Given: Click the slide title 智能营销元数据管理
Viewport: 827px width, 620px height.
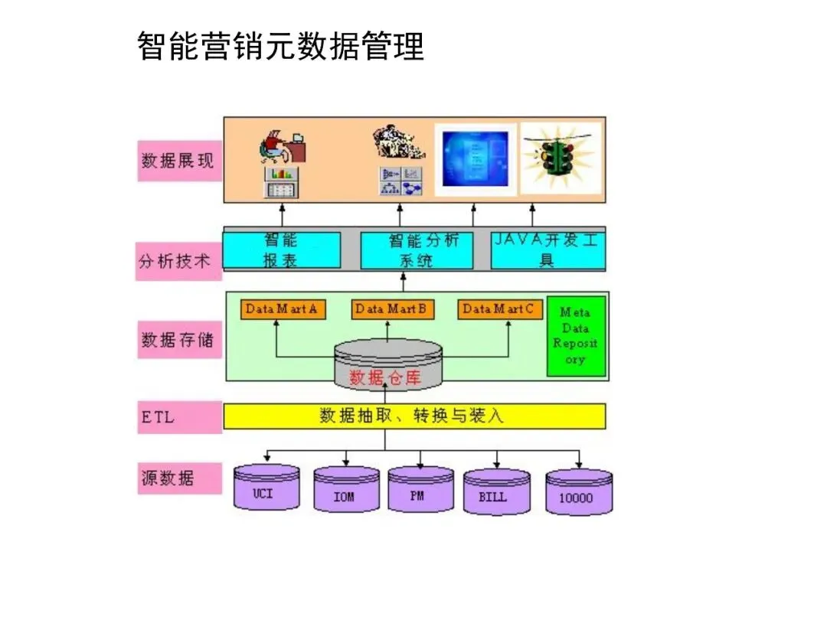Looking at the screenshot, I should pyautogui.click(x=280, y=46).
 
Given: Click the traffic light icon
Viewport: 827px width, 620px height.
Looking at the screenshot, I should pyautogui.click(x=560, y=158).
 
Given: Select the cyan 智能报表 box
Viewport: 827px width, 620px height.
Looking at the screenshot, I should pyautogui.click(x=282, y=250).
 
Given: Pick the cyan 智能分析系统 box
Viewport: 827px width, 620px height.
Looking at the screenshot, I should pyautogui.click(x=417, y=250).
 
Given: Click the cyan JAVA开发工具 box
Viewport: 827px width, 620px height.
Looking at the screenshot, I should pyautogui.click(x=548, y=250).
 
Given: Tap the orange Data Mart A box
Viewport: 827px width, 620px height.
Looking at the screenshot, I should pyautogui.click(x=282, y=309).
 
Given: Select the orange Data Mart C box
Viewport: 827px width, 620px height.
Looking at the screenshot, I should pyautogui.click(x=501, y=309).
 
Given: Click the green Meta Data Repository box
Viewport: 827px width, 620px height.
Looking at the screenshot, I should pyautogui.click(x=576, y=336).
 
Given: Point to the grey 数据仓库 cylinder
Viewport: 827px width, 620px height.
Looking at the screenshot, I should pyautogui.click(x=388, y=364).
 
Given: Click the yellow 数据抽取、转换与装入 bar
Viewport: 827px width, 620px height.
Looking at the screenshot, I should pyautogui.click(x=413, y=416).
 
